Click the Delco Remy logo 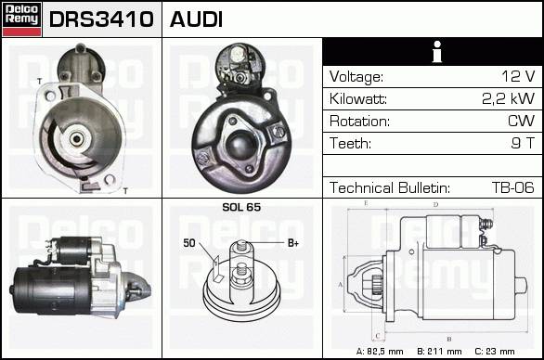tap(22, 19)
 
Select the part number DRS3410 tap(101, 19)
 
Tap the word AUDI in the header tap(196, 19)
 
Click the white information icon tap(437, 52)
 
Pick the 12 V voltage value tap(518, 76)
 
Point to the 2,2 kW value tap(509, 98)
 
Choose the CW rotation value tap(521, 121)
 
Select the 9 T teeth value tap(523, 143)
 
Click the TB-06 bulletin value tap(512, 187)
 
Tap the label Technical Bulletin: tap(390, 187)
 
